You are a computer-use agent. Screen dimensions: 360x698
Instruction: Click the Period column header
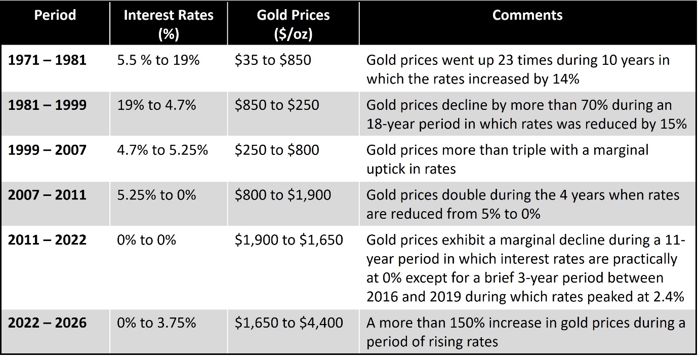pyautogui.click(x=55, y=15)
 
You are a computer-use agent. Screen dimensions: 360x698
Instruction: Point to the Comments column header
pyautogui.click(x=527, y=15)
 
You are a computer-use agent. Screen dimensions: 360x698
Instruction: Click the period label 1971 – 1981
pyautogui.click(x=48, y=60)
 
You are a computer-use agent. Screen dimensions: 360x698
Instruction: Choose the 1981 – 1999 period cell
pyautogui.click(x=48, y=105)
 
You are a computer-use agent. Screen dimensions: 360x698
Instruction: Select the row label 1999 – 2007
pyautogui.click(x=48, y=150)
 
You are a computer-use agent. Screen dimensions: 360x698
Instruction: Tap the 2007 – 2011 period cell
pyautogui.click(x=48, y=195)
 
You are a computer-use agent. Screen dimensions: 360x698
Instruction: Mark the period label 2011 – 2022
pyautogui.click(x=48, y=239)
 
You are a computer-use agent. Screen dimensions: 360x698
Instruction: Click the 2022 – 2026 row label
pyautogui.click(x=48, y=322)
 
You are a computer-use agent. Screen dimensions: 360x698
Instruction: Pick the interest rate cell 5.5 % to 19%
pyautogui.click(x=158, y=60)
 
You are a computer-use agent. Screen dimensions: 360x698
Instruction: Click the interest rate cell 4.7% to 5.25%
pyautogui.click(x=162, y=150)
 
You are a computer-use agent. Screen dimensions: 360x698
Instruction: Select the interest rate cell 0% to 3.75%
pyautogui.click(x=156, y=322)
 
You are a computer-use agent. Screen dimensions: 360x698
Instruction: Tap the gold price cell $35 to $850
pyautogui.click(x=273, y=60)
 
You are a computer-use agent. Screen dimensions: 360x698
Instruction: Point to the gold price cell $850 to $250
pyautogui.click(x=277, y=105)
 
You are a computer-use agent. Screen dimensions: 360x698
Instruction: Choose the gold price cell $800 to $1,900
pyautogui.click(x=283, y=195)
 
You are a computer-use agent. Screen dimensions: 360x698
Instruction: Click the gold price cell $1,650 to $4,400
pyautogui.click(x=289, y=322)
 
